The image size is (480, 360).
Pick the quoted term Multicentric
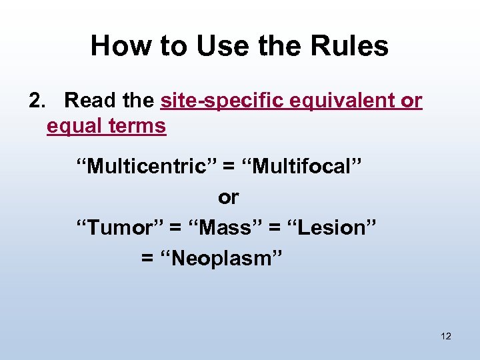[144, 166]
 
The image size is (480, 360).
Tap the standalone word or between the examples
[228, 197]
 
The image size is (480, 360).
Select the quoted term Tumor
[119, 227]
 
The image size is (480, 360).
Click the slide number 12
[446, 336]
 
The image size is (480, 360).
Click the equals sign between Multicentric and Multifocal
[229, 167]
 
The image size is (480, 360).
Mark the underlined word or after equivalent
[411, 101]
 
